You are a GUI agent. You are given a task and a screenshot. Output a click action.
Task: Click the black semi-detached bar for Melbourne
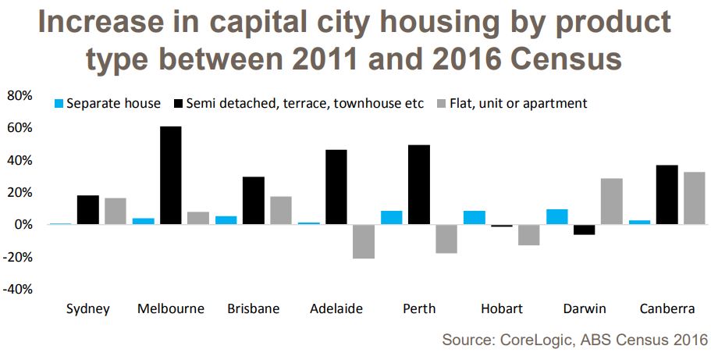[171, 175]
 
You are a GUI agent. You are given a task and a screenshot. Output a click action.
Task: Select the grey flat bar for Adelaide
[364, 241]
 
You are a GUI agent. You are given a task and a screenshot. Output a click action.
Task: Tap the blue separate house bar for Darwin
[556, 216]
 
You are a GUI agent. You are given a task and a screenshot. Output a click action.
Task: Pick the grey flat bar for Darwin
[612, 201]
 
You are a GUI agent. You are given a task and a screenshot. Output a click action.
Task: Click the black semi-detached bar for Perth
[418, 184]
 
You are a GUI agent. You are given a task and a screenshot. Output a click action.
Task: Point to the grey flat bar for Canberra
[695, 198]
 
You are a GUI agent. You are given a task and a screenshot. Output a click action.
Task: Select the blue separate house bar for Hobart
[474, 217]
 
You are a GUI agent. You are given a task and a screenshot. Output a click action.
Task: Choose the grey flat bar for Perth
[446, 239]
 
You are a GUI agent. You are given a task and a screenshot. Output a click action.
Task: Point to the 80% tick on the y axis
[19, 96]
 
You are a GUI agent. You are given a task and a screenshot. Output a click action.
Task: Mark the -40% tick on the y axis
[17, 289]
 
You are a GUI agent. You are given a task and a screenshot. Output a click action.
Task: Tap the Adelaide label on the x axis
[336, 308]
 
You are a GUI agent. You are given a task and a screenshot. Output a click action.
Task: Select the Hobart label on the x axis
[501, 308]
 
